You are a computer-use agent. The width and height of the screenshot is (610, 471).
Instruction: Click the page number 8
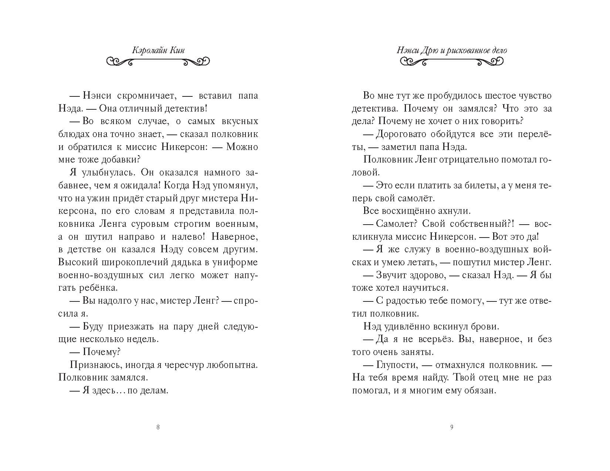coord(158,427)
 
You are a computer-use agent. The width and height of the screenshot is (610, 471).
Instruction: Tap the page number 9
coord(451,427)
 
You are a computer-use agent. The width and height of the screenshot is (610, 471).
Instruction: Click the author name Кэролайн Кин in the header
coord(158,51)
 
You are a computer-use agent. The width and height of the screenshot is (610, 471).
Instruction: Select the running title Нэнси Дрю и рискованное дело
coord(452,51)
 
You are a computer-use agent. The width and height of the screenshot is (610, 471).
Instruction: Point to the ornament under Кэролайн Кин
coord(158,61)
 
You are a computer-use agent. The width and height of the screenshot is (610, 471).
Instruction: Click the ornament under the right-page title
coord(452,61)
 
